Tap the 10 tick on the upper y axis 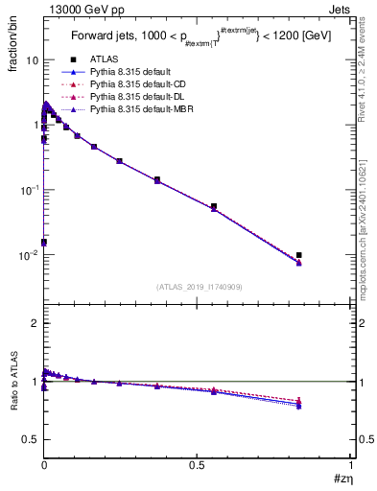tap(31, 59)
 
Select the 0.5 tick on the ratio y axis tap(31, 439)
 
